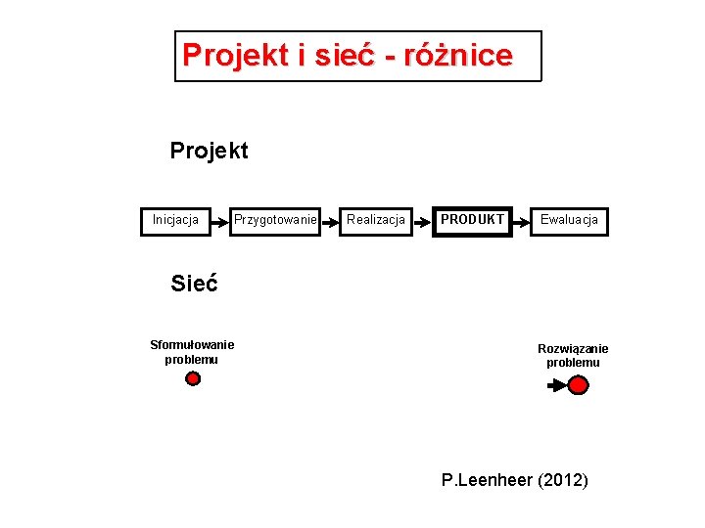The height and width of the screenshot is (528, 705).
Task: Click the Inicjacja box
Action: point(175,220)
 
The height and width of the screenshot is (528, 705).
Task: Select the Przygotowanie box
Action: point(275,220)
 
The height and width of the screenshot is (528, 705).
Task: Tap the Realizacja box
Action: point(376,220)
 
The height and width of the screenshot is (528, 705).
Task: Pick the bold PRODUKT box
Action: point(473,220)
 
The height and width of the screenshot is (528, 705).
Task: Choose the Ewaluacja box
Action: point(569,220)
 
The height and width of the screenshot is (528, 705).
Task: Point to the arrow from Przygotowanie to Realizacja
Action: point(328,221)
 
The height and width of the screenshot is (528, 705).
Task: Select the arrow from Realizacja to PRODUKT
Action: point(423,221)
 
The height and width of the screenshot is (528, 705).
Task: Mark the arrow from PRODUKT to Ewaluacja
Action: point(521,221)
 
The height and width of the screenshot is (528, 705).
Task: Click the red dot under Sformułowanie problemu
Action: point(193,378)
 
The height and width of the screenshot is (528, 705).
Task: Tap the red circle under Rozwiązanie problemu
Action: point(579,385)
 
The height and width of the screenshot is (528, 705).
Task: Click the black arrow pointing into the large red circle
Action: point(555,385)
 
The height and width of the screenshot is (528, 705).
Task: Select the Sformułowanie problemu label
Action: point(192,351)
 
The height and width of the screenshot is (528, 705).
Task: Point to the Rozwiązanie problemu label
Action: point(573,355)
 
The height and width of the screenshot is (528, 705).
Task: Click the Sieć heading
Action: point(194,284)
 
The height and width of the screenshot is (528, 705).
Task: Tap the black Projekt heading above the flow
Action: point(209,151)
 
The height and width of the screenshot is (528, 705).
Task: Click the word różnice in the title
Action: point(456,55)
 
